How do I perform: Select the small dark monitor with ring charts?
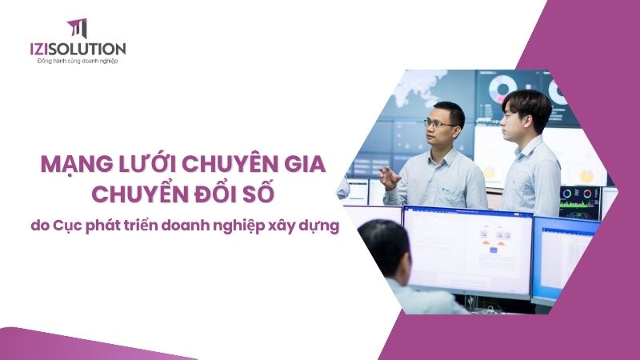[x=580, y=202]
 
